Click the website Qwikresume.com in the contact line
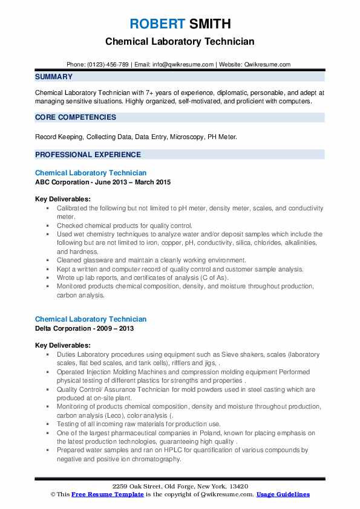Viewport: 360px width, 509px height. point(267,65)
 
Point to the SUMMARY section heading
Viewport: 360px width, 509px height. point(54,77)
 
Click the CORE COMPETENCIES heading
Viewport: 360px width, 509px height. point(76,117)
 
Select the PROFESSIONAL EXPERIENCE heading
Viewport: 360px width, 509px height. point(88,154)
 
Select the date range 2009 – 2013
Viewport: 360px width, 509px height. point(117,328)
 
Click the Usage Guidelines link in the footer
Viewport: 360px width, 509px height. point(283,494)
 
